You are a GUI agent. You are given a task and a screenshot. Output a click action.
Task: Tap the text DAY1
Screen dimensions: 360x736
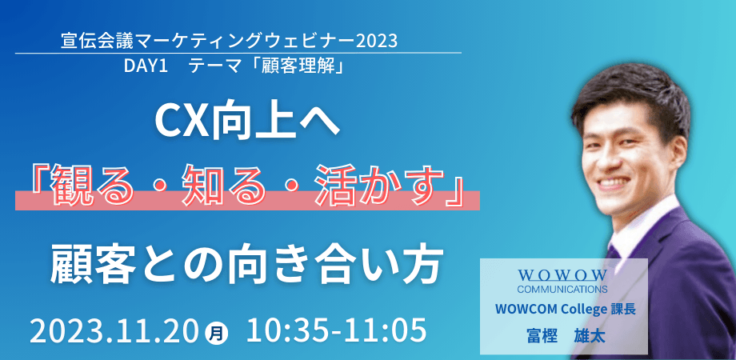pos(145,66)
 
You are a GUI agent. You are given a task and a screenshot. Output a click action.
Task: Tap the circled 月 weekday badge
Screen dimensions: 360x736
pos(217,330)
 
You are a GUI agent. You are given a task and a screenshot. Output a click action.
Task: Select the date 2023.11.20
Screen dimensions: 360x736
pos(117,328)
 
